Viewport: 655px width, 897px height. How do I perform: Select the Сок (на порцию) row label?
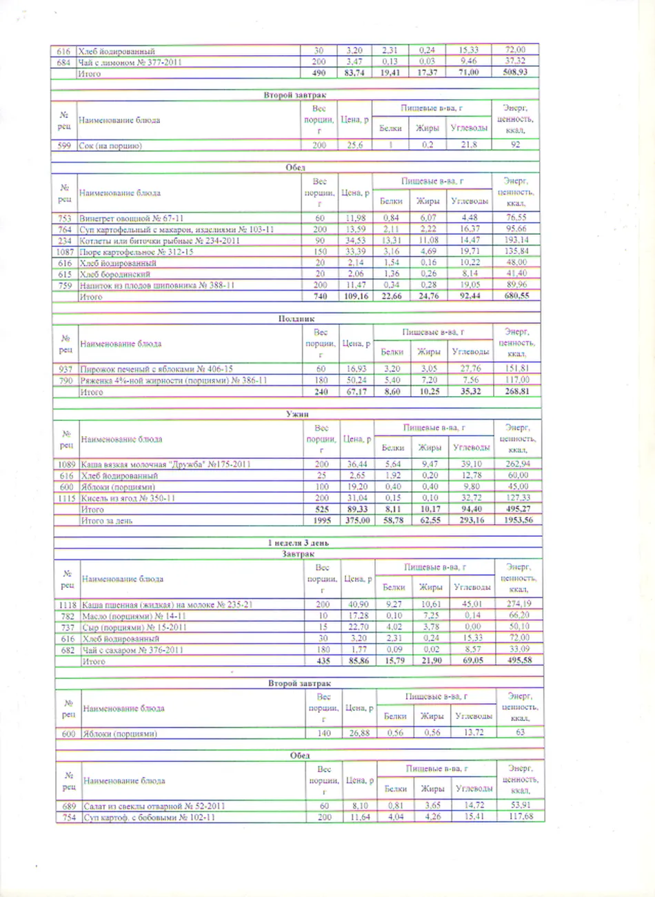[x=110, y=146]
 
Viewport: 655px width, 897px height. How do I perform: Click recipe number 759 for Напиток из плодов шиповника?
[x=65, y=285]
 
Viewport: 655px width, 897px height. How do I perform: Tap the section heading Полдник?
[x=296, y=319]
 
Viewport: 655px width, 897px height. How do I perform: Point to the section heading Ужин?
[x=297, y=414]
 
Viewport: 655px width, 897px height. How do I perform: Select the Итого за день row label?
[x=107, y=520]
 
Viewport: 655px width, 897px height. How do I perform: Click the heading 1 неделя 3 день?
[x=298, y=543]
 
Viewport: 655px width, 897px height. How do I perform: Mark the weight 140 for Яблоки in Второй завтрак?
[x=323, y=733]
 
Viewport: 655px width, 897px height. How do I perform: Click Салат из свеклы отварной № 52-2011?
[x=154, y=806]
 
